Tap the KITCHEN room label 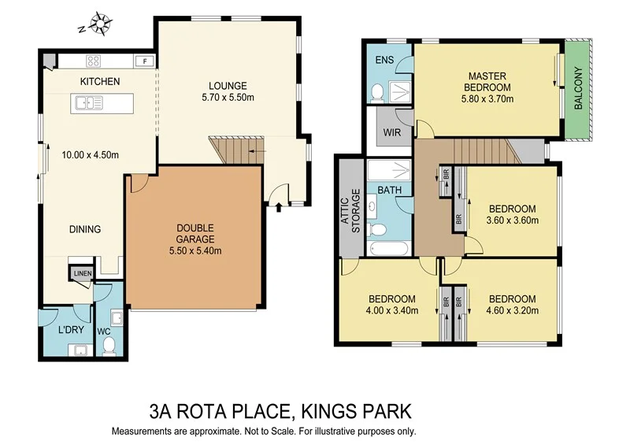point(99,81)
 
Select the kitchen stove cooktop point(93,61)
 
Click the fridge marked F point(144,61)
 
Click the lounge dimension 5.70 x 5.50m point(228,98)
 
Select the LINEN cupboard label point(83,274)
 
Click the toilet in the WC point(111,343)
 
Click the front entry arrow point(280,207)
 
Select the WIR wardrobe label point(392,132)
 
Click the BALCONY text point(579,88)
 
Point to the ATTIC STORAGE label point(350,209)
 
